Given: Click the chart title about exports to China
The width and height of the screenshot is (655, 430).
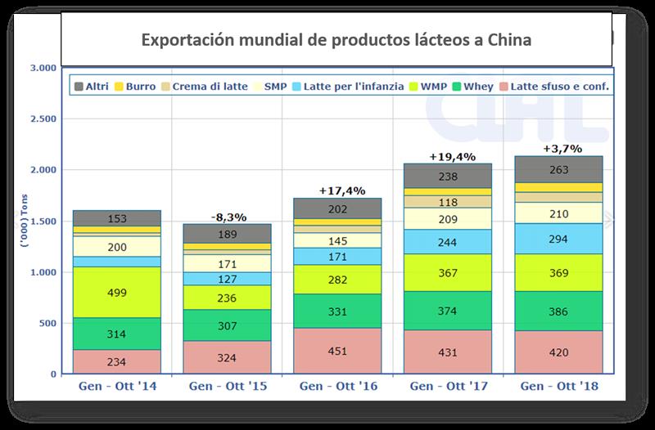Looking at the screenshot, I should (337, 38).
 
